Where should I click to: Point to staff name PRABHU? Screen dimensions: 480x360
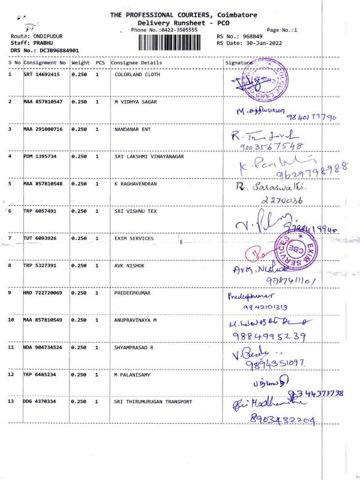[43, 43]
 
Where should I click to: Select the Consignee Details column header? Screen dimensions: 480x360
[136, 62]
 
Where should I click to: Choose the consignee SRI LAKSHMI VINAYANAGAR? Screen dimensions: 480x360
[149, 157]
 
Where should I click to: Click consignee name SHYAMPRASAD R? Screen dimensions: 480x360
[137, 347]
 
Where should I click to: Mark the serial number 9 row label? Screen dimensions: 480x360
[10, 293]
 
